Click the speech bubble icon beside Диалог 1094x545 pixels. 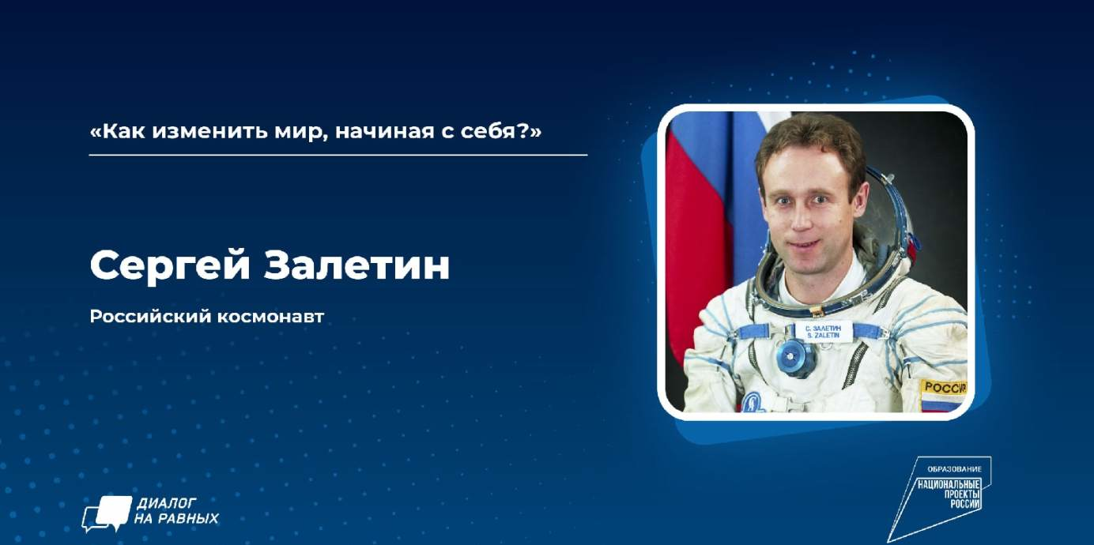click(107, 513)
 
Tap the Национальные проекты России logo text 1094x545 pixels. click(949, 494)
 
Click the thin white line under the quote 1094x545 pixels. click(338, 155)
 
